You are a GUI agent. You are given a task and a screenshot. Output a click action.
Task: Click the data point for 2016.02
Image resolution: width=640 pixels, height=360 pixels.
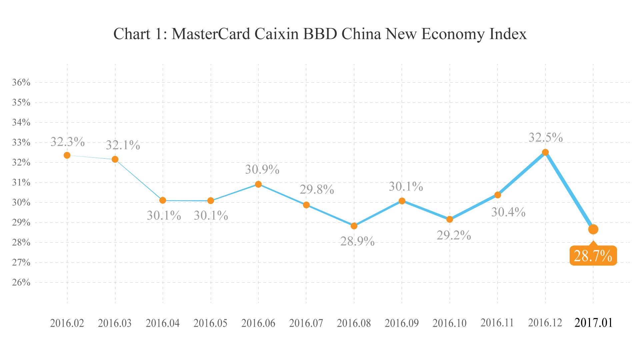pyautogui.click(x=67, y=155)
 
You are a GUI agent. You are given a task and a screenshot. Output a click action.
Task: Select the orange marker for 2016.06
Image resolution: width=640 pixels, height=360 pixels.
pyautogui.click(x=258, y=184)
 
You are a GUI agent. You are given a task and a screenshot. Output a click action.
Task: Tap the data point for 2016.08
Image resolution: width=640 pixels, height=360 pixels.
pyautogui.click(x=354, y=226)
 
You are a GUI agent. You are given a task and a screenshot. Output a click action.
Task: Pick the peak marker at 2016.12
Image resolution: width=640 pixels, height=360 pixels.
pyautogui.click(x=545, y=152)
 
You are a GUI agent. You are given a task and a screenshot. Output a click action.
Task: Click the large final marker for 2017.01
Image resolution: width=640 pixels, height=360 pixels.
pyautogui.click(x=593, y=229)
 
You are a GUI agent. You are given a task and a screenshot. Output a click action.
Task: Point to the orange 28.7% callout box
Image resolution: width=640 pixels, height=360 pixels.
pyautogui.click(x=593, y=256)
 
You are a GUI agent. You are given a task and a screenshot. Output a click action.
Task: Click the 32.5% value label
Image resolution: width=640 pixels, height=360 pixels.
pyautogui.click(x=546, y=137)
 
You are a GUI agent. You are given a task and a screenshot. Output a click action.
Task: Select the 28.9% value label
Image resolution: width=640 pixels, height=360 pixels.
pyautogui.click(x=357, y=241)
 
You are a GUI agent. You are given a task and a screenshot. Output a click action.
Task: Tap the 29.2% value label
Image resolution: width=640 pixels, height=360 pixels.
pyautogui.click(x=454, y=235)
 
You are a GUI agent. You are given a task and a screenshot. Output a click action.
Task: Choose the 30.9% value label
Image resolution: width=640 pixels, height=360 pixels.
pyautogui.click(x=262, y=170)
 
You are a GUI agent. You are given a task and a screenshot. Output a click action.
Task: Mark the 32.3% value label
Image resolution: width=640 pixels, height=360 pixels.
pyautogui.click(x=68, y=142)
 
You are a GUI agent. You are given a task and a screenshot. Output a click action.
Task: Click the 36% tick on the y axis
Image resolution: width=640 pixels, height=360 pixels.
pyautogui.click(x=21, y=82)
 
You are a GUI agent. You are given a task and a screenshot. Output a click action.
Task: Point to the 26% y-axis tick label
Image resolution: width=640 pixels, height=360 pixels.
pyautogui.click(x=21, y=283)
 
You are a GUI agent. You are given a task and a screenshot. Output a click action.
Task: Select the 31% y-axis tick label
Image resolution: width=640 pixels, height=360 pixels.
pyautogui.click(x=21, y=183)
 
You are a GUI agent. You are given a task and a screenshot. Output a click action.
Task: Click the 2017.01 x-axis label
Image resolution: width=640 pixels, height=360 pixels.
pyautogui.click(x=593, y=323)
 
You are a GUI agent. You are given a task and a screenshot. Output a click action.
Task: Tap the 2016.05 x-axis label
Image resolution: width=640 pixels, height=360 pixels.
pyautogui.click(x=210, y=323)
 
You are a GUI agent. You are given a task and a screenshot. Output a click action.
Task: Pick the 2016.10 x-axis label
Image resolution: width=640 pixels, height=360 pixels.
pyautogui.click(x=449, y=323)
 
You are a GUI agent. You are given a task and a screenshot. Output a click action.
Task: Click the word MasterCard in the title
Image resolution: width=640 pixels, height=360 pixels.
pyautogui.click(x=211, y=34)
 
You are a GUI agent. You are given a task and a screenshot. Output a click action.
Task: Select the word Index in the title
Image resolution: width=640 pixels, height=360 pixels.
pyautogui.click(x=508, y=34)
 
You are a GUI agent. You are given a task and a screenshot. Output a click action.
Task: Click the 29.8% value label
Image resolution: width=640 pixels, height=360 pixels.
pyautogui.click(x=317, y=190)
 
